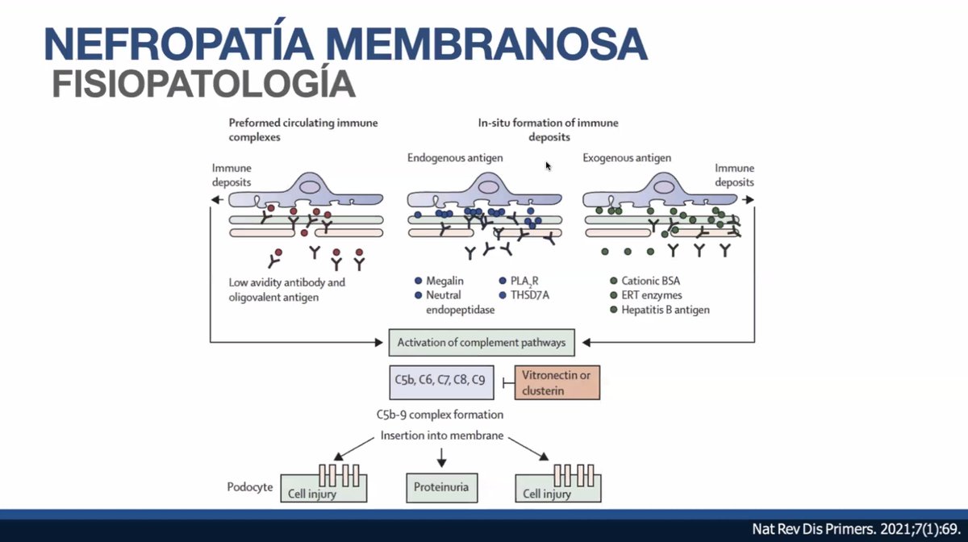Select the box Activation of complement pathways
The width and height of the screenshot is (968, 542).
(482, 343)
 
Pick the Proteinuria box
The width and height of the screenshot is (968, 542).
(440, 487)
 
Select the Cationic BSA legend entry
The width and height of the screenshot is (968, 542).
(650, 281)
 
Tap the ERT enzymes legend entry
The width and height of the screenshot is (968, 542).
(651, 295)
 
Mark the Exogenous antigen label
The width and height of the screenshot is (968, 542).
(627, 158)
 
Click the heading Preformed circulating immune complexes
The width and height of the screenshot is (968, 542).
(302, 130)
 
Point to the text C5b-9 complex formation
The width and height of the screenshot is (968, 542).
(440, 415)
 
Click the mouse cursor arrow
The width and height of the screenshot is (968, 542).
(549, 166)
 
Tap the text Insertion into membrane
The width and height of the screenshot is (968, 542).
(440, 436)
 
